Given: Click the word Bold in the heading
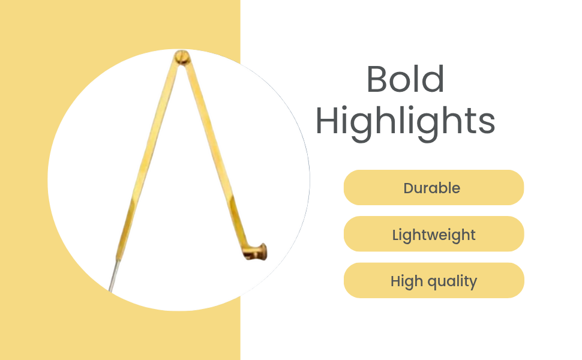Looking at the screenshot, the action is pyautogui.click(x=405, y=79).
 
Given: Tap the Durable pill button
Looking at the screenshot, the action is pyautogui.click(x=434, y=187).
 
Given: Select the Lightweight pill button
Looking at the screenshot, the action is pyautogui.click(x=434, y=234).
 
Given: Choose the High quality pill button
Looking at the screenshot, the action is pyautogui.click(x=434, y=280).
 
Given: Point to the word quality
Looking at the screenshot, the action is pyautogui.click(x=452, y=281).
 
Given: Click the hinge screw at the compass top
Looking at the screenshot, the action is pyautogui.click(x=182, y=57).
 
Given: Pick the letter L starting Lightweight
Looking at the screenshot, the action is pyautogui.click(x=395, y=235).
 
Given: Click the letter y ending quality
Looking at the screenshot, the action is pyautogui.click(x=473, y=284).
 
